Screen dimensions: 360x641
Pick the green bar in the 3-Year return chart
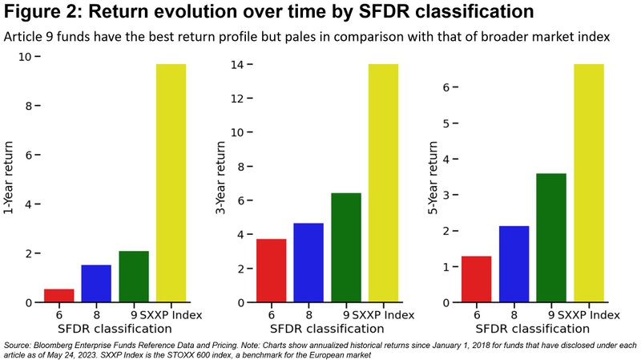point(346,248)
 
